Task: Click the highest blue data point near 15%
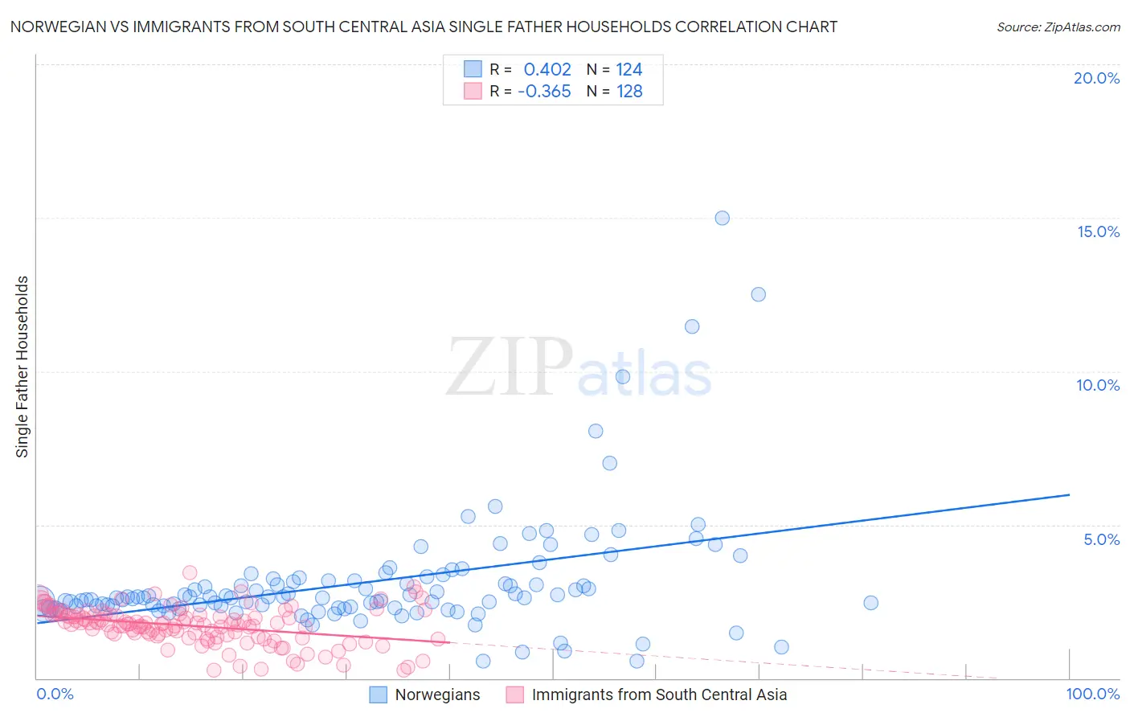(722, 218)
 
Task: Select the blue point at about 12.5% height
(758, 294)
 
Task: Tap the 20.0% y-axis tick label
(1096, 78)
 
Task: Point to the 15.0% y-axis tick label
(1098, 231)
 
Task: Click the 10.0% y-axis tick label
(1098, 385)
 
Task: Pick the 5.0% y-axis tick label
(1101, 539)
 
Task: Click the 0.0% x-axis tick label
(55, 694)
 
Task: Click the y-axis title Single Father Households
(23, 367)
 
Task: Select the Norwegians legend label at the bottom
(437, 694)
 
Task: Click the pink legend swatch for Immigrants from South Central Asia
(514, 694)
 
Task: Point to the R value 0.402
(547, 70)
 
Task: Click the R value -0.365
(544, 92)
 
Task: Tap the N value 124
(629, 70)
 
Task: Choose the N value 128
(629, 92)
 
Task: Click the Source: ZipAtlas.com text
(1058, 27)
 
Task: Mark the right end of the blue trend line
(1069, 495)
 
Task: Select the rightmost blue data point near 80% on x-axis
(870, 603)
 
